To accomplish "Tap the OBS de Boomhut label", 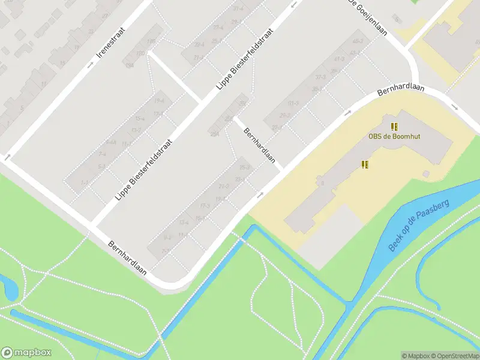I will (x=394, y=136).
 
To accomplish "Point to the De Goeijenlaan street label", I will (x=367, y=17).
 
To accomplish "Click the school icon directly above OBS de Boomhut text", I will (x=394, y=127).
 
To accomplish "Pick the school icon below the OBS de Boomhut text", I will (x=364, y=164).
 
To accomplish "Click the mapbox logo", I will (x=26, y=353).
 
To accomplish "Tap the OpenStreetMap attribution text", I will (x=454, y=356).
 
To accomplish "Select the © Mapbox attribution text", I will (x=415, y=356).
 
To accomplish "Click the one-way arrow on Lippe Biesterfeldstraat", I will (x=293, y=5).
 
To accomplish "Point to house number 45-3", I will (x=358, y=41).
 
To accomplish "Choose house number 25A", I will (x=214, y=133).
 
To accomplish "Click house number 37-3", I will (x=320, y=77).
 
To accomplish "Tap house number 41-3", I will (x=339, y=59).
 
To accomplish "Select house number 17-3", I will (x=204, y=206).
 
